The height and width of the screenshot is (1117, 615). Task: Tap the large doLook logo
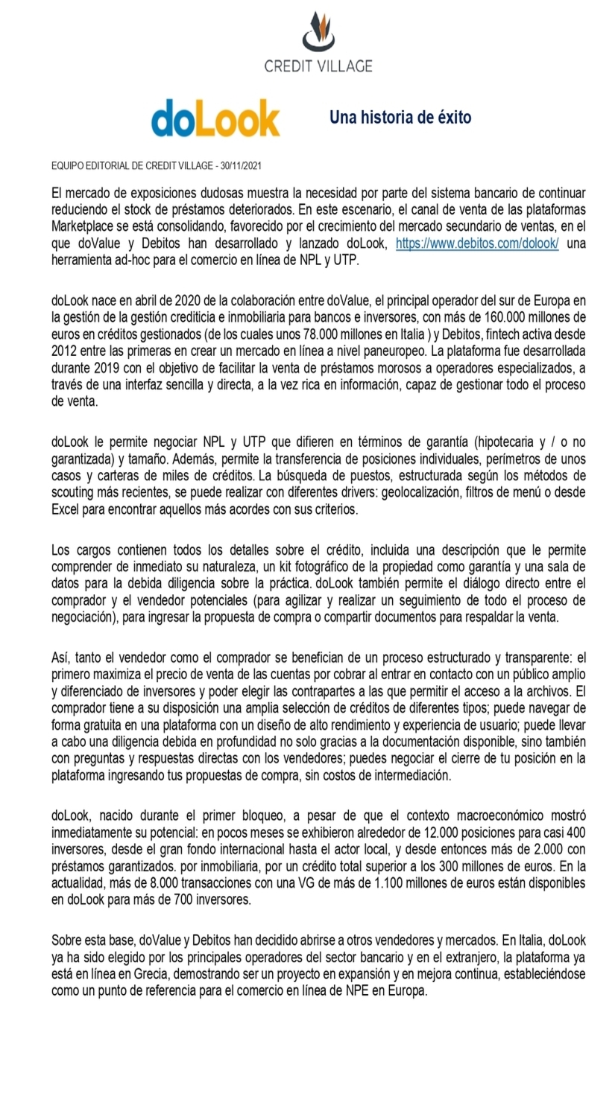coord(215,118)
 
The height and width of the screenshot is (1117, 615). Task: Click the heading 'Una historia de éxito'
coord(400,118)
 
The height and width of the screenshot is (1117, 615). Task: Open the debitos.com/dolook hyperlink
coord(477,244)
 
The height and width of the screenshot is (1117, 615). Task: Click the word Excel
coord(68,509)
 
